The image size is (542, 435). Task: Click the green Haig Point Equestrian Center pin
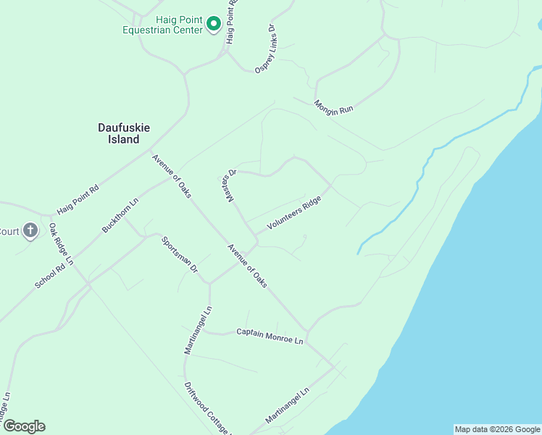(214, 24)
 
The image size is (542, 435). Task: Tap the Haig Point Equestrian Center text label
(163, 25)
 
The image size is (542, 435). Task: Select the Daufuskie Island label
(124, 133)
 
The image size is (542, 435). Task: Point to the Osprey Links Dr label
(267, 48)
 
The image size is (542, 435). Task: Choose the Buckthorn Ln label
(120, 215)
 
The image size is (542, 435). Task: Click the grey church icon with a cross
(30, 231)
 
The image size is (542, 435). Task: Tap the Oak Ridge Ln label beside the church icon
(62, 244)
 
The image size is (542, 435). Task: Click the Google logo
(24, 426)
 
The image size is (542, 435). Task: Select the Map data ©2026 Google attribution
(497, 429)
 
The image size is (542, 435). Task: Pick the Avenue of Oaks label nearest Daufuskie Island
(172, 175)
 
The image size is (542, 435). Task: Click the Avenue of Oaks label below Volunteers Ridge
(248, 266)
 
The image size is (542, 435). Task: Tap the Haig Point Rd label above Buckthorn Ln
(78, 199)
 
